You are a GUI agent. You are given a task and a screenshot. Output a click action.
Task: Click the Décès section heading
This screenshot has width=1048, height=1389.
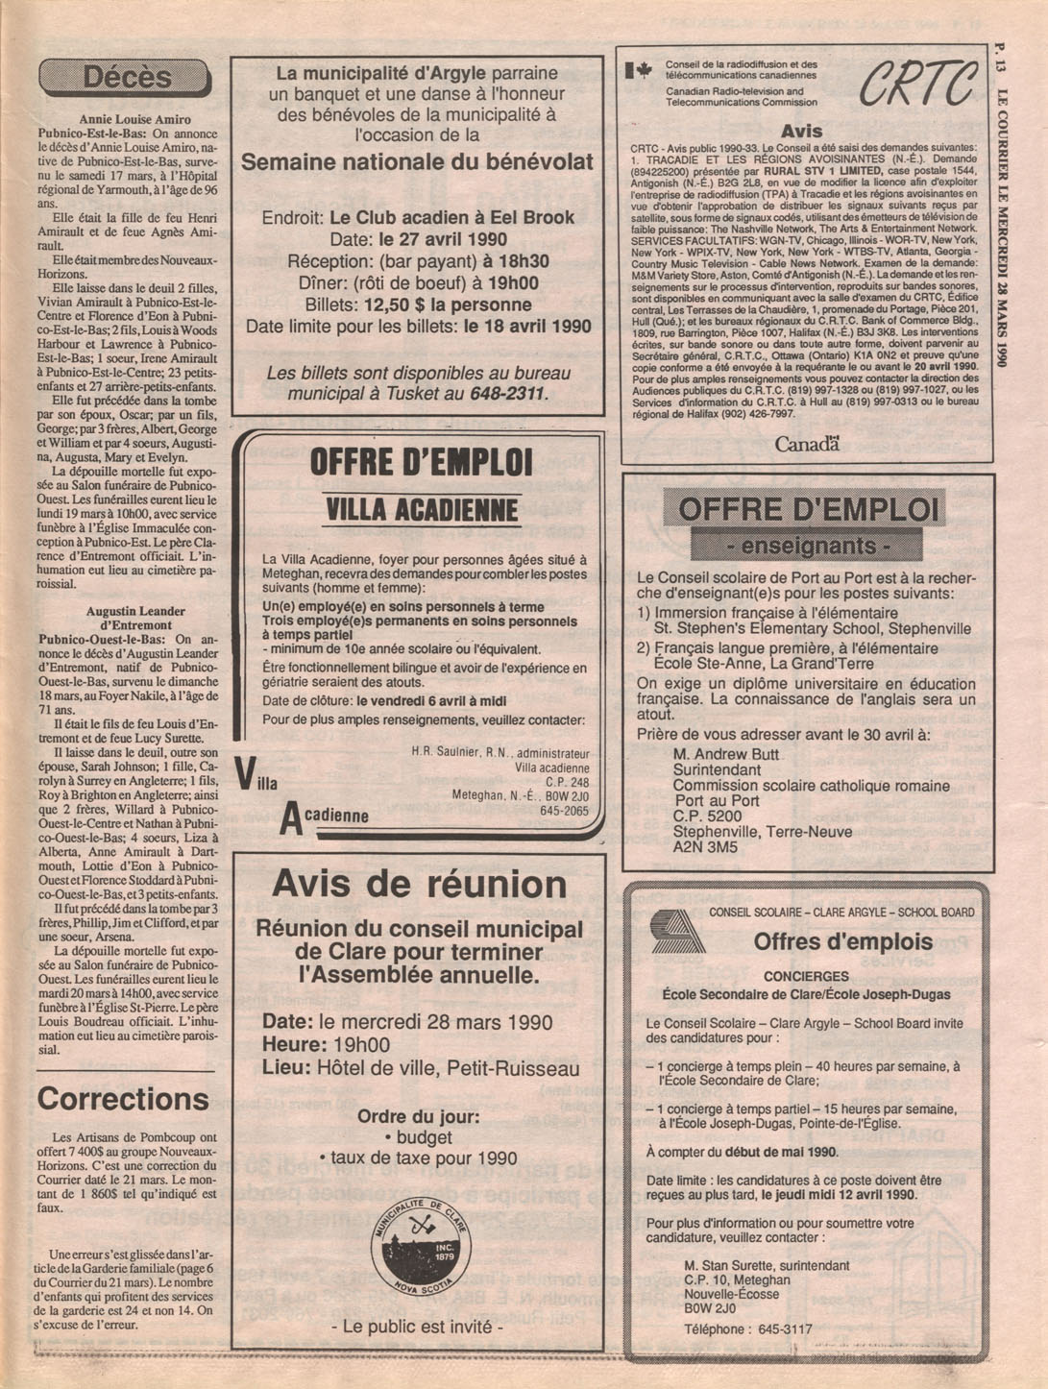(126, 77)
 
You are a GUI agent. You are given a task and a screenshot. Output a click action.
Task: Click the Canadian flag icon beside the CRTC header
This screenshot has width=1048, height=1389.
(638, 70)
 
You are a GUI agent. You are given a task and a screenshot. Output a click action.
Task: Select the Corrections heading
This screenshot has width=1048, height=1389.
(123, 1098)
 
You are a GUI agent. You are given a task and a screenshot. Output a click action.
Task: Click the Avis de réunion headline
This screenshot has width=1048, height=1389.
(419, 883)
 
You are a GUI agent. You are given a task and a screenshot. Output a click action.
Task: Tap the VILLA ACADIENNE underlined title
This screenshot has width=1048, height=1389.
(421, 510)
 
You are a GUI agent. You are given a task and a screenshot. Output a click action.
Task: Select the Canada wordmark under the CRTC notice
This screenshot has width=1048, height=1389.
(807, 444)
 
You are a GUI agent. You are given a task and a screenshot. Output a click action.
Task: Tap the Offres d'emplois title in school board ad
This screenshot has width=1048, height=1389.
(842, 941)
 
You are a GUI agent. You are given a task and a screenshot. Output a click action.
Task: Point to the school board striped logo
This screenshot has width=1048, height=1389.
(676, 931)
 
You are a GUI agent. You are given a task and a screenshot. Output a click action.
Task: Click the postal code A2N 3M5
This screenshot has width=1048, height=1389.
(705, 847)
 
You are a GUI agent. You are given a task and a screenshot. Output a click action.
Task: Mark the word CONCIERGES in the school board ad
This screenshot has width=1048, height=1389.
(806, 977)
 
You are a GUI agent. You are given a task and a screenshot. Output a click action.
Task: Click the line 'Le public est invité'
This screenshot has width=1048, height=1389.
(417, 1327)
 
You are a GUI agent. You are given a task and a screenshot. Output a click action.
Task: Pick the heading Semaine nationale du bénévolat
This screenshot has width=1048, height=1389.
(417, 162)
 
